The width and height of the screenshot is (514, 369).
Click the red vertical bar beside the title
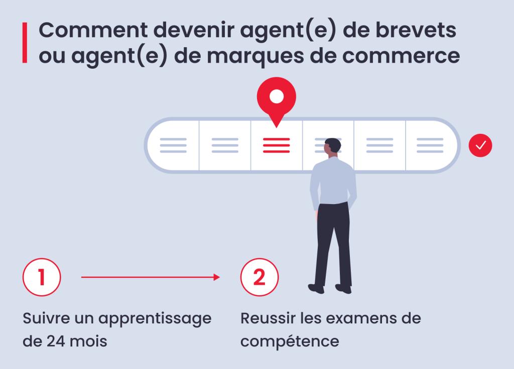tap(25, 43)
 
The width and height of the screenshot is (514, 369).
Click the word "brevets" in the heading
tap(416, 30)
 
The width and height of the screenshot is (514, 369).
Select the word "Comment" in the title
tap(93, 30)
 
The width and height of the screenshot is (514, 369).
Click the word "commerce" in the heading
tap(401, 56)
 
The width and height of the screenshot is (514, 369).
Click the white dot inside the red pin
tap(277, 97)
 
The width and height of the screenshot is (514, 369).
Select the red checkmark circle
tap(480, 145)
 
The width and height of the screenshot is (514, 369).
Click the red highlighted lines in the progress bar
tap(277, 145)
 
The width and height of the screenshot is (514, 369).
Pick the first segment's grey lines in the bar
tap(173, 145)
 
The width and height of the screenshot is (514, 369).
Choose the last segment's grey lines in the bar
tap(430, 145)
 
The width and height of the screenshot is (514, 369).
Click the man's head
tap(332, 146)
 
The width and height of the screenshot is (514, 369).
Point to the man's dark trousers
tap(333, 244)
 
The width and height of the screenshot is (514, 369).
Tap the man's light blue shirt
tap(333, 181)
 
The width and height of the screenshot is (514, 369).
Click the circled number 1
tap(42, 277)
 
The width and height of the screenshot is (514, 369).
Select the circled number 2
tap(260, 277)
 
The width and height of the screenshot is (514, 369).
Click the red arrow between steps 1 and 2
tap(151, 277)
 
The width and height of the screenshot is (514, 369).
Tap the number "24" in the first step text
tap(55, 341)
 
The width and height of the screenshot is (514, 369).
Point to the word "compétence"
tap(290, 342)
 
